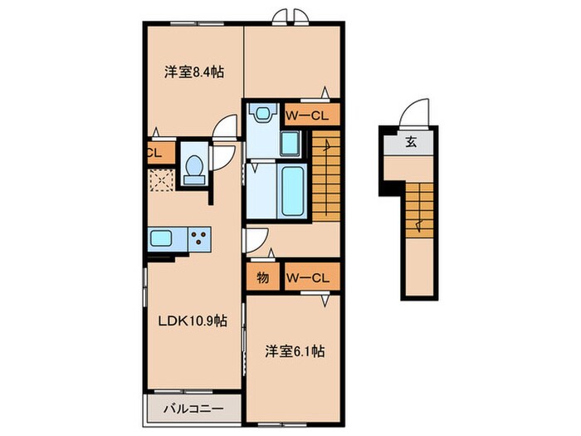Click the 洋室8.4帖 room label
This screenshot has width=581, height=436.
[x=193, y=71]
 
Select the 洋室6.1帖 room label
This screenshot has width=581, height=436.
[x=295, y=351]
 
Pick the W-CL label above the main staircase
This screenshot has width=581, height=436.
[x=312, y=115]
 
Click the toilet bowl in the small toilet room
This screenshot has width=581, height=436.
[x=193, y=169]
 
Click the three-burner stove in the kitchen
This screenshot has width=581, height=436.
[x=200, y=238]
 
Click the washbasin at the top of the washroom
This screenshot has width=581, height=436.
[x=263, y=115]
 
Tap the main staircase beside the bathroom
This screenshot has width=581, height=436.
[x=326, y=175]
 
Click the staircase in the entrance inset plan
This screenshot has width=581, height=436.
[x=421, y=208]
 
